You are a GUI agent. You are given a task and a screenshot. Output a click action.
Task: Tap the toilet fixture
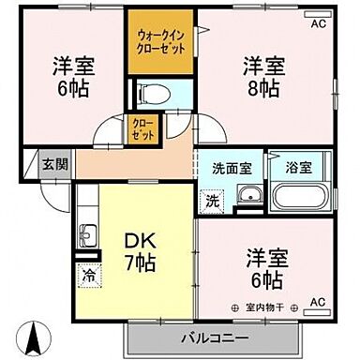tap(150, 93)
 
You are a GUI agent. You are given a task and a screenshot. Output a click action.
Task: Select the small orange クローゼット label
tap(141, 129)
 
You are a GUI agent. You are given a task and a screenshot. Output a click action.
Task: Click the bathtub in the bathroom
tap(295, 198)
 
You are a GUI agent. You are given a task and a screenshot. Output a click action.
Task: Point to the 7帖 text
tap(141, 263)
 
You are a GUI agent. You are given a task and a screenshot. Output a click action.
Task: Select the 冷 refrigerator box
tap(86, 277)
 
